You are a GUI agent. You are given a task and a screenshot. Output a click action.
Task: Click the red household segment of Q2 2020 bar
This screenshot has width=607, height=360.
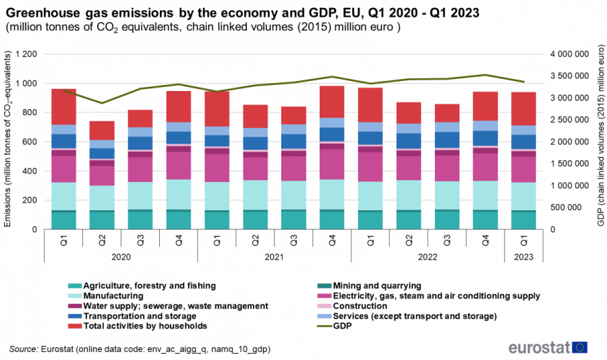tap(102, 131)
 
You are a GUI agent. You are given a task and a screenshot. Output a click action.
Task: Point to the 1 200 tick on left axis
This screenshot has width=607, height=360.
tap(30, 54)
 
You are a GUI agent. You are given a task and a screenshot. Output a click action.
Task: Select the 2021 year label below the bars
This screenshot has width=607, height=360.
tap(274, 257)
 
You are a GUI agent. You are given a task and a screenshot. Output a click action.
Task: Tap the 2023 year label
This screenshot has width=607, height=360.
tap(523, 257)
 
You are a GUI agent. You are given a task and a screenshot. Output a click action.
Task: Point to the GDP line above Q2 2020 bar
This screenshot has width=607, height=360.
tap(102, 103)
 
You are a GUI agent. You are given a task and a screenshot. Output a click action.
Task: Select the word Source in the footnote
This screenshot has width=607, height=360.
tap(24, 350)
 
